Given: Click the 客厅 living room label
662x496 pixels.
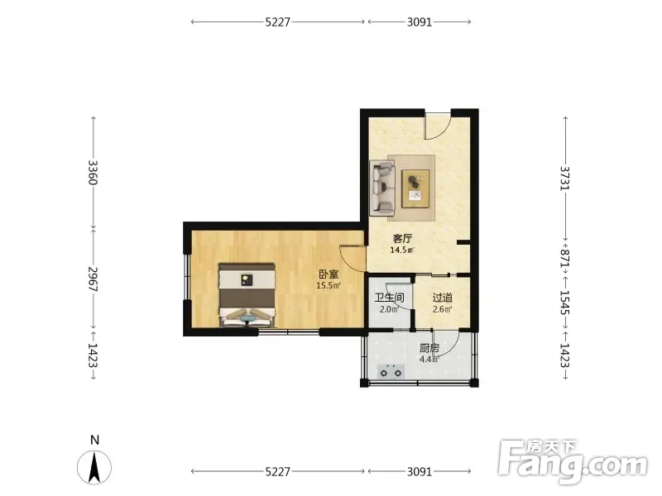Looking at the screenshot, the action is tap(402, 239).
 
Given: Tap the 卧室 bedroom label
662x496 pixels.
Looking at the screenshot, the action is tap(329, 274).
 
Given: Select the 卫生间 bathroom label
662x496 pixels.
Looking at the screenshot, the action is tap(389, 298).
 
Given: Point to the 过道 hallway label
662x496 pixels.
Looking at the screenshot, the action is tap(443, 298).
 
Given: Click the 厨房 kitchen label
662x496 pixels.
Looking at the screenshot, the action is tap(429, 348).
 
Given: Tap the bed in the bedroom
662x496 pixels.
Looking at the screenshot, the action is tap(247, 295).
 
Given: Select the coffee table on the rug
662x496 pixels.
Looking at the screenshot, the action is tap(415, 188).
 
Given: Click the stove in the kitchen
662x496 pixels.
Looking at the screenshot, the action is tap(391, 371).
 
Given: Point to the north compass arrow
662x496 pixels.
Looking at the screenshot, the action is tap(94, 467).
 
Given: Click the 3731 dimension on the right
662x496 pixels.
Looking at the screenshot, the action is tap(565, 178).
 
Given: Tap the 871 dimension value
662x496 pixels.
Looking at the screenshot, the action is tap(565, 257).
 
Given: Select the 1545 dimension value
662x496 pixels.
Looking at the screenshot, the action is tap(565, 303).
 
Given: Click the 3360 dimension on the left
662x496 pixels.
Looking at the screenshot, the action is tap(94, 173).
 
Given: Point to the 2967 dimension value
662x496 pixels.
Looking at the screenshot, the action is tap(94, 279).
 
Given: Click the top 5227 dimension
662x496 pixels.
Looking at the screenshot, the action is tap(278, 22).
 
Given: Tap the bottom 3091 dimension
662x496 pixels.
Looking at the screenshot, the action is tap(420, 471).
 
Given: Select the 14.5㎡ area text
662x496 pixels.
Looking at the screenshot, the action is tap(402, 250).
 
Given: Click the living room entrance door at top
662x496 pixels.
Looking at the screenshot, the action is tap(438, 126).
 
